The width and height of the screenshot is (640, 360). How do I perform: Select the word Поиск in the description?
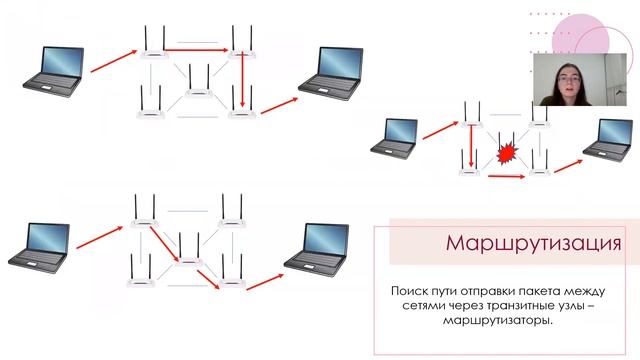pyautogui.click(x=410, y=290)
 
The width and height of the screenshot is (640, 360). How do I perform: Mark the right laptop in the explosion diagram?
pyautogui.click(x=613, y=137)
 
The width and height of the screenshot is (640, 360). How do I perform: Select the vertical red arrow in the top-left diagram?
pyautogui.click(x=242, y=80)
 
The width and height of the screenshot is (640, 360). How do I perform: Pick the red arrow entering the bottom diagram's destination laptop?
pyautogui.click(x=264, y=278)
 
